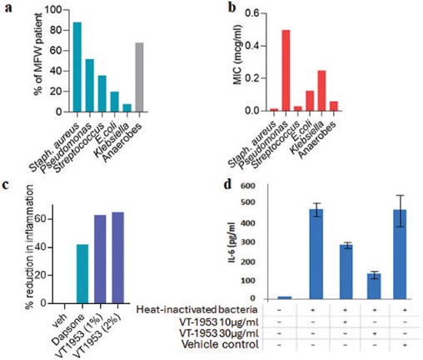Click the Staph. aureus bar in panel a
pyautogui.click(x=77, y=67)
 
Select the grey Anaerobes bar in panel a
pyautogui.click(x=139, y=77)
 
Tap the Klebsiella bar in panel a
pyautogui.click(x=127, y=107)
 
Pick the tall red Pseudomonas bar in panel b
pyautogui.click(x=286, y=70)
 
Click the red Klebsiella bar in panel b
pyautogui.click(x=321, y=91)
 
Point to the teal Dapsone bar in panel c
pyautogui.click(x=82, y=274)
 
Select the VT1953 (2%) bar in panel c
pyautogui.click(x=118, y=257)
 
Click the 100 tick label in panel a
pyautogui.click(x=53, y=10)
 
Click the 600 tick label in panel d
pyautogui.click(x=247, y=186)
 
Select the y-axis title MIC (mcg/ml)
pyautogui.click(x=237, y=54)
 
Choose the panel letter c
pyautogui.click(x=6, y=185)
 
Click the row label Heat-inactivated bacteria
pyautogui.click(x=197, y=309)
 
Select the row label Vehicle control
pyautogui.click(x=220, y=344)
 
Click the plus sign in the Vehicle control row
pyautogui.click(x=405, y=345)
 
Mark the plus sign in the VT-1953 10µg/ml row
pyautogui.click(x=345, y=322)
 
